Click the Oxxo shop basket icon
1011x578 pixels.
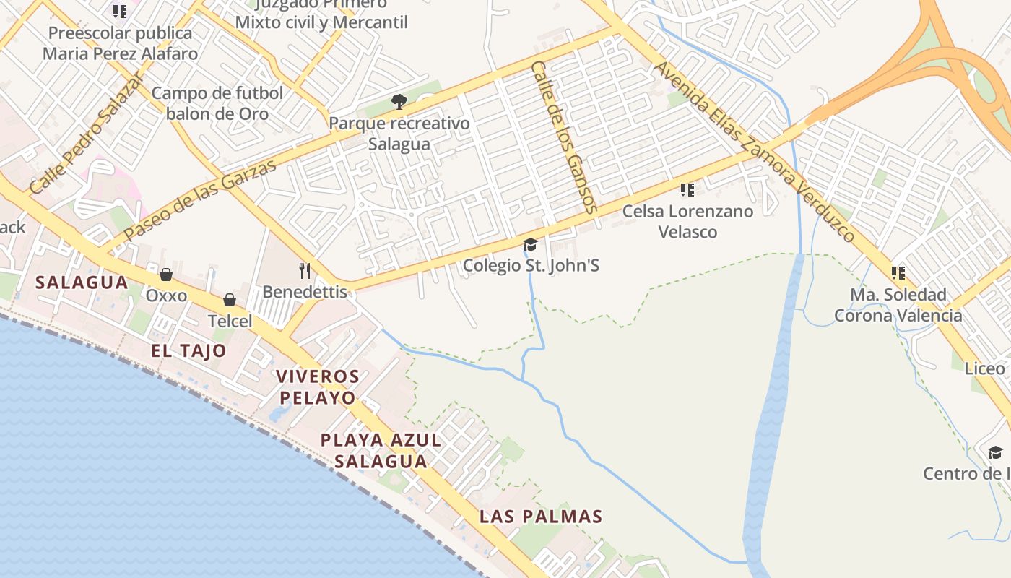pos(166,275)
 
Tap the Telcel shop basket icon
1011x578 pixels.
pos(230,300)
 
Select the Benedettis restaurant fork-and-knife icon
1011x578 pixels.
pos(305,271)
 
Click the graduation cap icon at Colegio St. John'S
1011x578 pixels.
pos(530,245)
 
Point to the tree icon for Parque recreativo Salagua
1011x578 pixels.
pos(399,102)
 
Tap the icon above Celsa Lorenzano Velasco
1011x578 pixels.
pos(687,190)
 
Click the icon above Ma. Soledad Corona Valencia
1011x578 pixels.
pos(898,273)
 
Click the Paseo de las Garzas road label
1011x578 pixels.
pos(200,200)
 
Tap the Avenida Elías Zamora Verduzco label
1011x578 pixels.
pos(755,152)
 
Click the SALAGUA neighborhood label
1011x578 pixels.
pos(82,282)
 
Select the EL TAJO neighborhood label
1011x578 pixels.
pos(188,351)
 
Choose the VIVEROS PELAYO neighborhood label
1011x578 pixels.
pos(318,387)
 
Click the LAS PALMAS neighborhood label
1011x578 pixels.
pos(541,517)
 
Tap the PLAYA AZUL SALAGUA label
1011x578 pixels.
pos(381,450)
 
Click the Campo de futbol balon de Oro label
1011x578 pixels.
pos(217,103)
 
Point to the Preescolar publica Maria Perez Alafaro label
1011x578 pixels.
pos(120,43)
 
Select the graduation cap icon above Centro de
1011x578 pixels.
pos(995,453)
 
